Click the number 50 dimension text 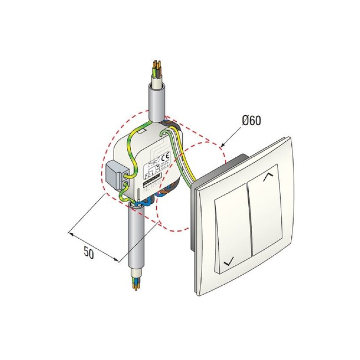(x=89, y=252)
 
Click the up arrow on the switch (x=270, y=177)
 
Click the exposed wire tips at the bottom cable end (x=135, y=286)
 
